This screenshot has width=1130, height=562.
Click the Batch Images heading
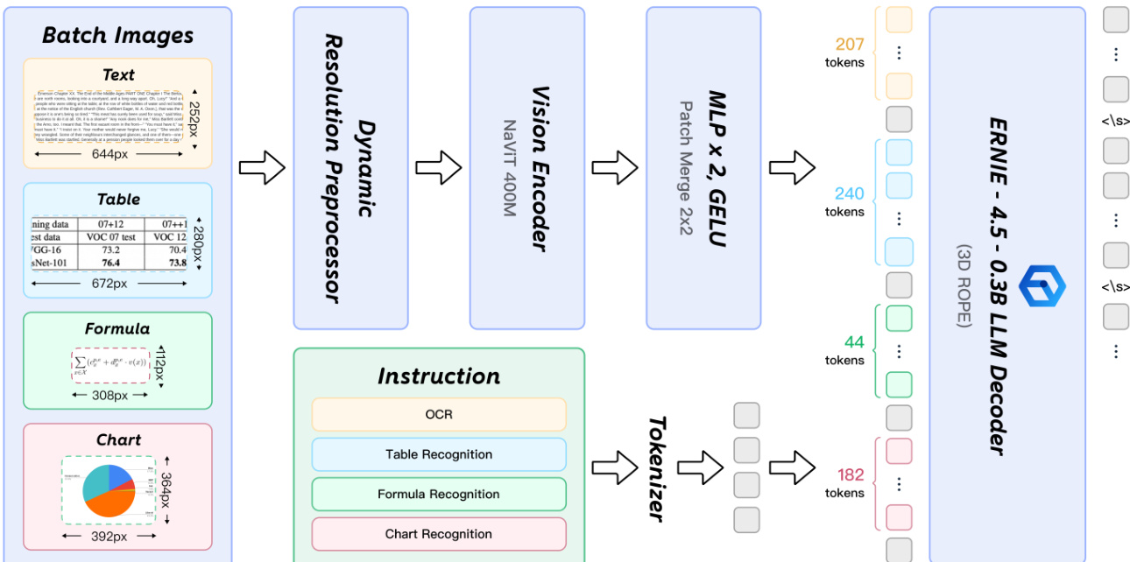tap(117, 36)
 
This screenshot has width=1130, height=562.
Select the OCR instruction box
tap(439, 414)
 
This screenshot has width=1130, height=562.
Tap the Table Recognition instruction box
tap(439, 454)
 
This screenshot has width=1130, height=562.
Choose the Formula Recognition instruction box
tap(439, 495)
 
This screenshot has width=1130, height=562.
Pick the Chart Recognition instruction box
tap(439, 534)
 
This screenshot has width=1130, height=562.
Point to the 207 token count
tap(849, 45)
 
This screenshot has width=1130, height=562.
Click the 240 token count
tap(849, 193)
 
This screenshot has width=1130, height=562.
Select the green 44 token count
tap(854, 342)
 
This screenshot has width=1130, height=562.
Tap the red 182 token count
tap(851, 475)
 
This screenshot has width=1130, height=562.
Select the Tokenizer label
tap(657, 468)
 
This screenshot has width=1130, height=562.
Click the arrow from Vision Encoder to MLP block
tap(615, 167)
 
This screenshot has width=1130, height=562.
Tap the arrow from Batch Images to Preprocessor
tap(262, 167)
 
